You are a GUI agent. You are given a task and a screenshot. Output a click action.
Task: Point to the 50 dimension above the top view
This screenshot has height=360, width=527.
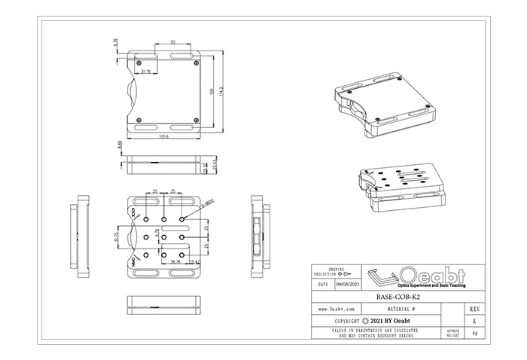(x=173, y=41)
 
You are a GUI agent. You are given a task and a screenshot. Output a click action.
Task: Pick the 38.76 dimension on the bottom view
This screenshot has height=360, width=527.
(x=175, y=261)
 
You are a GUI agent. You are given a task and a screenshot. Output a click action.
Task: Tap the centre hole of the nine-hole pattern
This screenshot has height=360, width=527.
(x=164, y=236)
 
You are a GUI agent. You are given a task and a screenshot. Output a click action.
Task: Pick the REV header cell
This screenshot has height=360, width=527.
(x=473, y=309)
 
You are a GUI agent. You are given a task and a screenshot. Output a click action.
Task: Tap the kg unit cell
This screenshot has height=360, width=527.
(x=473, y=332)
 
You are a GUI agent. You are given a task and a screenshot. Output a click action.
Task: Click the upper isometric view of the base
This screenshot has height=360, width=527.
(x=384, y=109)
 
